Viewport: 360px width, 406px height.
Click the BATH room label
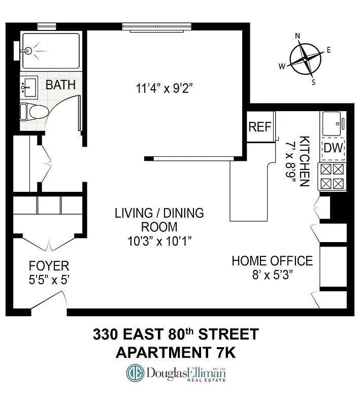[x=60, y=85]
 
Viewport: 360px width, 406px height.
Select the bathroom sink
[x=28, y=88]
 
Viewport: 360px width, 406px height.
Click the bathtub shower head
[x=28, y=51]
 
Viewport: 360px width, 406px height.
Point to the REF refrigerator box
[x=259, y=127]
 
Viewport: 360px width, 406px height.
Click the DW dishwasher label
[x=334, y=148]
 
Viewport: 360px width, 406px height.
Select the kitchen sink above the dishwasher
[x=333, y=124]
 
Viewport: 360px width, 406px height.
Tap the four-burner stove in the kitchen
[x=331, y=176]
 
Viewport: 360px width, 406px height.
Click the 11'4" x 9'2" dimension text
[x=166, y=89]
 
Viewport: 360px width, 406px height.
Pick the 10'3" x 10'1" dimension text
[x=158, y=241]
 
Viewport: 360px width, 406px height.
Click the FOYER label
[x=49, y=266]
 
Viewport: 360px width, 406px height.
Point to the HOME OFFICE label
[x=272, y=261]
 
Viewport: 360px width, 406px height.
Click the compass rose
[x=306, y=59]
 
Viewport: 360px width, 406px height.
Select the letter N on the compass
[x=298, y=36]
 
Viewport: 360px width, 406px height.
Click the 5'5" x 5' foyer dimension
[x=49, y=279]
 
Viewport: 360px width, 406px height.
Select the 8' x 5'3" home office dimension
[x=272, y=275]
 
